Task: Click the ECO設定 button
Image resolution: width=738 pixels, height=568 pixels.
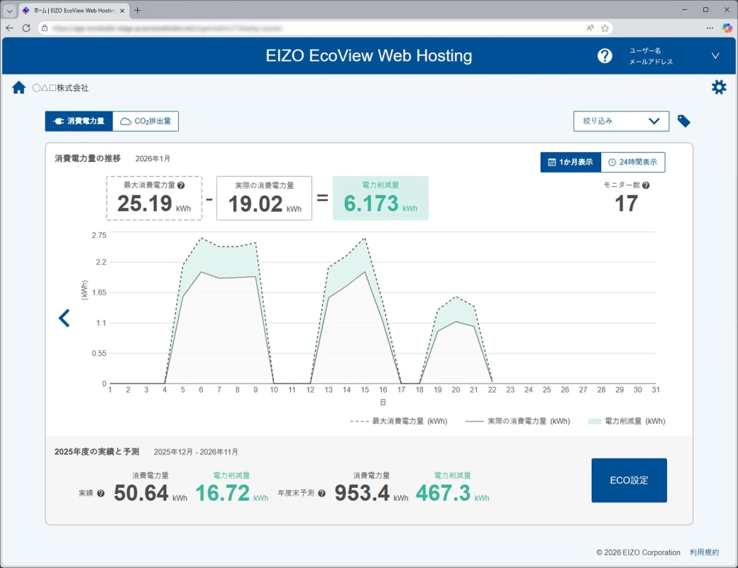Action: pos(629,480)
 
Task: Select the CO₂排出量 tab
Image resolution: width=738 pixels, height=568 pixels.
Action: pos(145,121)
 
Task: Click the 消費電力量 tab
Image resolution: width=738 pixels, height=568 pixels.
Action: pos(79,121)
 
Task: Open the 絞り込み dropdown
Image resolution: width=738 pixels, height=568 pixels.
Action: pos(621,121)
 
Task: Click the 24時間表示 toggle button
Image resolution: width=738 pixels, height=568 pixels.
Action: pos(632,162)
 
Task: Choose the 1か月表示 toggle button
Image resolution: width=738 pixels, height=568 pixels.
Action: pos(571,162)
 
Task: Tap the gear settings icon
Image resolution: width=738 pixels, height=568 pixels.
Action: pos(719,87)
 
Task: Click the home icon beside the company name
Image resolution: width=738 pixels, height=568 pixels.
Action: pos(19,88)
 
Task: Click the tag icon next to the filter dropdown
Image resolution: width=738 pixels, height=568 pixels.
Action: pos(683,121)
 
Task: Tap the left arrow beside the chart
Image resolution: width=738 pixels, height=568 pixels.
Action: pos(65,318)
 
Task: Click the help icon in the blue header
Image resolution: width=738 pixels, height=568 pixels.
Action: pos(605,56)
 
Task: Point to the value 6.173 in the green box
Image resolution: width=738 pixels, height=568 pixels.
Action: pos(371,204)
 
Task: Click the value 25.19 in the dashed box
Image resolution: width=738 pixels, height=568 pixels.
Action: pos(145,204)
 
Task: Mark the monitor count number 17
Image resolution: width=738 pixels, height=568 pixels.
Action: pos(626,204)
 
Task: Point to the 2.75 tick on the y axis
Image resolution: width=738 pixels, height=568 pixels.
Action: pos(99,235)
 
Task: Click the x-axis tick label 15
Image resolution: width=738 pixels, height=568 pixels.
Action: pos(365,390)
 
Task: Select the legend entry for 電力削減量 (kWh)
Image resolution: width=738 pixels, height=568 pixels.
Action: pos(627,421)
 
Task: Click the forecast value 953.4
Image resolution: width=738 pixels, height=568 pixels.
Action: pos(362,493)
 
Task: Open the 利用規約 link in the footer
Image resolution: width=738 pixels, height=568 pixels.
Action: pos(704,552)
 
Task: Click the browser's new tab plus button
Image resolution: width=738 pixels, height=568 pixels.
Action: pos(138,10)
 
